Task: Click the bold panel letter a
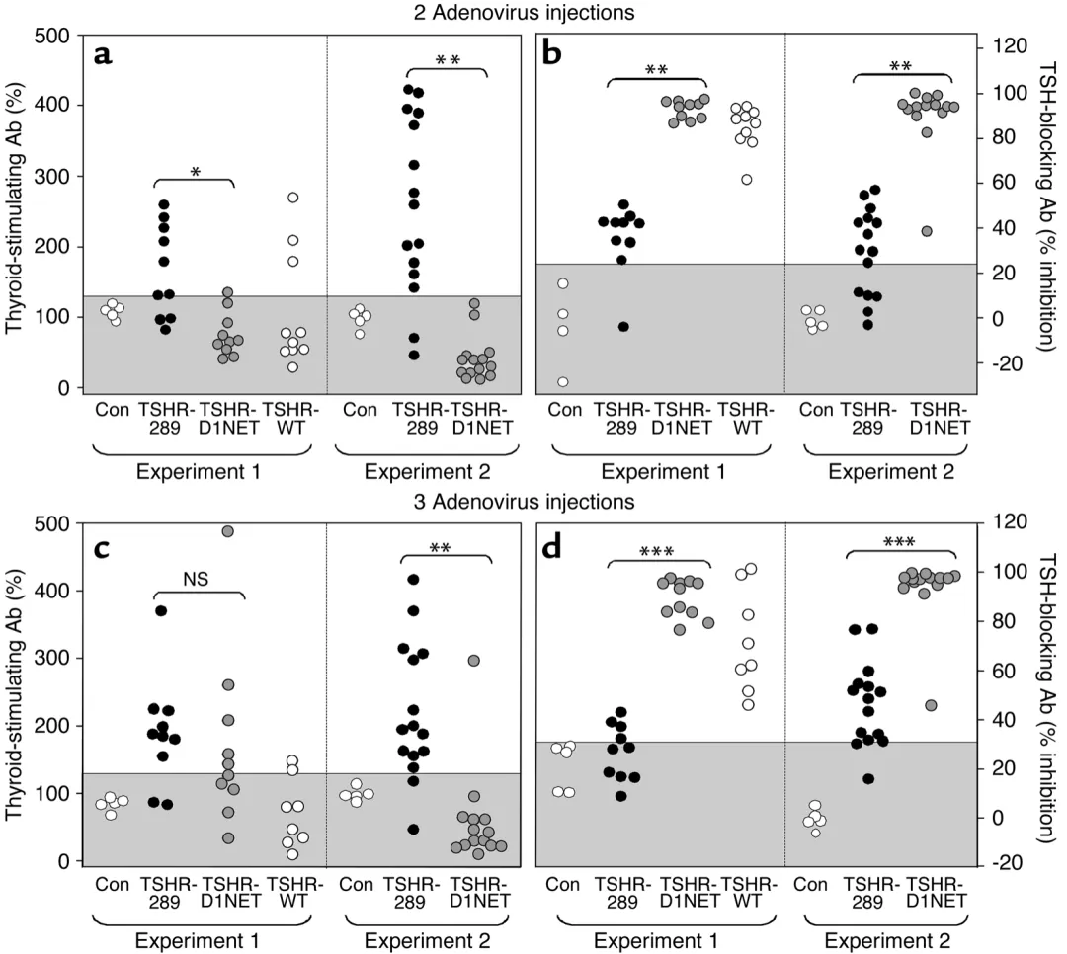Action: point(103,54)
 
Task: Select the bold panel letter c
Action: point(102,541)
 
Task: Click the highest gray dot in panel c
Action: point(227,531)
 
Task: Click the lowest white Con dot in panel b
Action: point(563,382)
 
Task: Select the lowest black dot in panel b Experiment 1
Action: point(623,327)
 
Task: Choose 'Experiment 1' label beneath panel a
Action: point(198,472)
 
